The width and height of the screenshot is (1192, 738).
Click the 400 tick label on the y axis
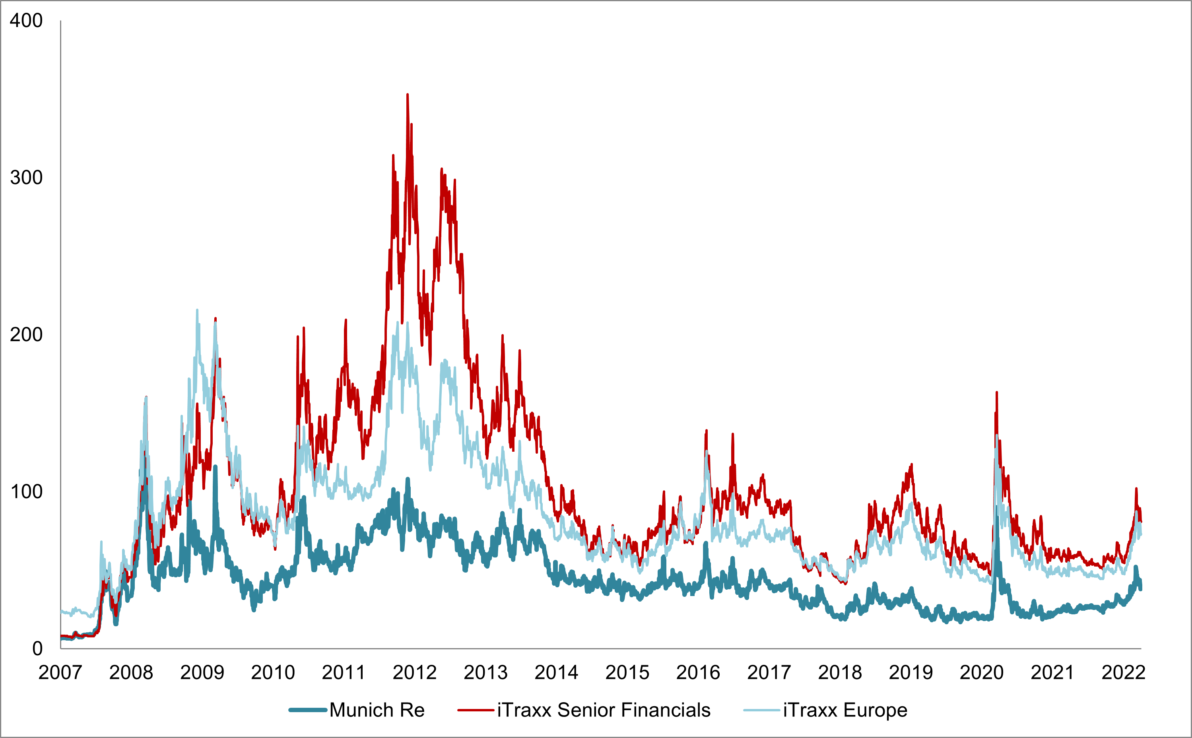[26, 21]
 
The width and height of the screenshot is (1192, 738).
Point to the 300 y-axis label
[26, 178]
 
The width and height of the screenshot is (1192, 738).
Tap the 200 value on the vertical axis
[26, 335]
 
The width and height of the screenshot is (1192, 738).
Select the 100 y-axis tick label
[26, 491]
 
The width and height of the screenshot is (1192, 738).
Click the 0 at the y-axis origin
[37, 649]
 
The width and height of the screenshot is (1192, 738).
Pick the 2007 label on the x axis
[60, 673]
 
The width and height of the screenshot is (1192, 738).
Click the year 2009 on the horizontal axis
[202, 673]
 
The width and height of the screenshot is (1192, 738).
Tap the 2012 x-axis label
[414, 673]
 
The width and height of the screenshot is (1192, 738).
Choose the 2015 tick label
[627, 673]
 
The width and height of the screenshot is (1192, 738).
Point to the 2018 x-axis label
[840, 673]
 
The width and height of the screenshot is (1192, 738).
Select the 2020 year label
[981, 673]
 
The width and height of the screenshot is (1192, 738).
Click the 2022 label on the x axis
[1123, 673]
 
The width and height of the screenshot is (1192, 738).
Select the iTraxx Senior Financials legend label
[604, 710]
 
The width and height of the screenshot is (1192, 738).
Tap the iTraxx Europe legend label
[845, 710]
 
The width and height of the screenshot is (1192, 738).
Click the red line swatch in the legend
[476, 710]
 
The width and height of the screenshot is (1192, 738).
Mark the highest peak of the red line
[408, 95]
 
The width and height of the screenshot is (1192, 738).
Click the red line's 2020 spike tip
[996, 392]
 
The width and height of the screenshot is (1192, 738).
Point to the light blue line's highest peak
[197, 310]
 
